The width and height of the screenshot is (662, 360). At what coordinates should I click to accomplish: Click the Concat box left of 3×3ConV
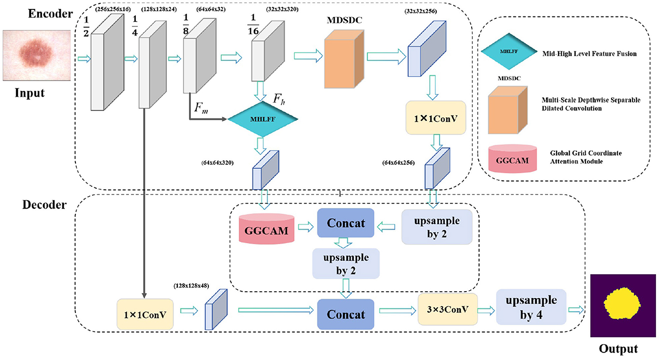point(345,315)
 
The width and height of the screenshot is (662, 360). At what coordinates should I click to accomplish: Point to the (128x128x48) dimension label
point(191,286)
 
